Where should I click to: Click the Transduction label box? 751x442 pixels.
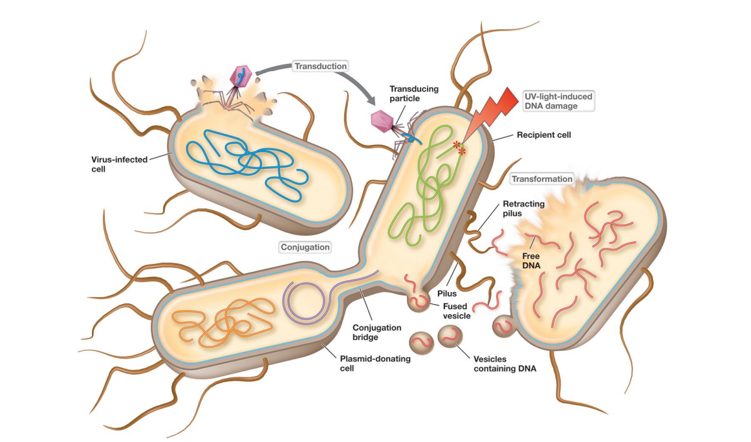click(x=320, y=66)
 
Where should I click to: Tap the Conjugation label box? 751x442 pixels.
click(x=305, y=247)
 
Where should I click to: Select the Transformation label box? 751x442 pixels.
click(x=541, y=179)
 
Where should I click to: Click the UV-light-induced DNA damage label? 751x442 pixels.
click(x=558, y=101)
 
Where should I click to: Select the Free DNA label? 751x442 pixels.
click(x=531, y=260)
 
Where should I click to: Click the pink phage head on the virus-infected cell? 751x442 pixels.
click(x=242, y=74)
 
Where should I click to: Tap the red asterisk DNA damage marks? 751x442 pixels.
click(x=461, y=148)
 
